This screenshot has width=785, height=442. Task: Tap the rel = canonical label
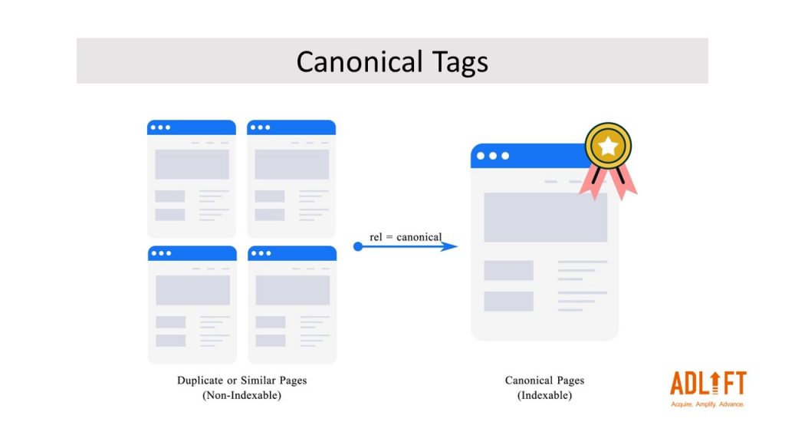(406, 236)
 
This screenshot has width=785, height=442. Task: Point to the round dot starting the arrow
(358, 246)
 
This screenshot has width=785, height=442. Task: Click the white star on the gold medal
(608, 145)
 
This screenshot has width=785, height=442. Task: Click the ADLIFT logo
(707, 383)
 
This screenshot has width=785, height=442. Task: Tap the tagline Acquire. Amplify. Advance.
(707, 404)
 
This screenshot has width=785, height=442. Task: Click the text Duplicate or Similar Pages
(241, 381)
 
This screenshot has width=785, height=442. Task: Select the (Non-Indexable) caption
(241, 395)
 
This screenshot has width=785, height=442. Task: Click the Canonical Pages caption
(544, 381)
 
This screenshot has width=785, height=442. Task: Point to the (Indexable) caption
(544, 395)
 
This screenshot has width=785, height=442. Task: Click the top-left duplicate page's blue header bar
(192, 127)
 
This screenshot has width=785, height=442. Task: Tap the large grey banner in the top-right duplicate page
(291, 164)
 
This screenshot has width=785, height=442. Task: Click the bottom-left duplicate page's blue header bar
(192, 253)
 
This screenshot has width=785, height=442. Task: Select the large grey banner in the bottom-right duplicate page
(292, 290)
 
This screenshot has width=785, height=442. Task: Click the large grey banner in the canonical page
(545, 217)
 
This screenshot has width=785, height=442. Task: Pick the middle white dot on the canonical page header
(493, 156)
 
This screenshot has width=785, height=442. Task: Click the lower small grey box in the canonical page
(508, 301)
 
